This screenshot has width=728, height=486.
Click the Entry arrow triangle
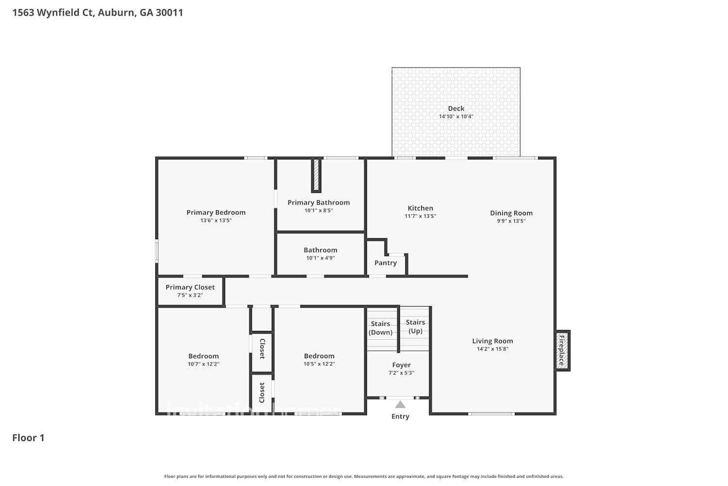[400, 404]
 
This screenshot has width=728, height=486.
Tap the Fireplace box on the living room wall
[563, 350]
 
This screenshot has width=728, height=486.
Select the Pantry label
[385, 263]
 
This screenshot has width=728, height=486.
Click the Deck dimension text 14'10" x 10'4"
[456, 117]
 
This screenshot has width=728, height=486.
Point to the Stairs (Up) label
[415, 327]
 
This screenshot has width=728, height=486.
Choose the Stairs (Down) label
[381, 328]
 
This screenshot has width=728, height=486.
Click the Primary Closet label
[190, 287]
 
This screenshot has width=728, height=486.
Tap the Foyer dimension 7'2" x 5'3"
[401, 373]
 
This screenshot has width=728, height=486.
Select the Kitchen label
[420, 208]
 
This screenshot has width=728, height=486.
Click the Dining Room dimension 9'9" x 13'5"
[511, 221]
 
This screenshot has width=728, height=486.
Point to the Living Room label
[492, 341]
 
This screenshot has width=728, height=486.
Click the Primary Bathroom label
[318, 203]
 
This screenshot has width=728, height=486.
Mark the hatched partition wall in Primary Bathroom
[316, 175]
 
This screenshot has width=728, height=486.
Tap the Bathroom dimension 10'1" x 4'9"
[320, 258]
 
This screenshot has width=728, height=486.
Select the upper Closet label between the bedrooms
[262, 348]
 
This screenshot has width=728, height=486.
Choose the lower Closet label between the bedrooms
[262, 392]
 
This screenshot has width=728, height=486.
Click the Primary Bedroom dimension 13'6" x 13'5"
[216, 220]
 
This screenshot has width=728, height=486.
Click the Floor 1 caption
[28, 438]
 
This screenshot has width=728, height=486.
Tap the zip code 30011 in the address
[169, 13]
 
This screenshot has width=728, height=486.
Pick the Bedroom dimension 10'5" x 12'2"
[319, 364]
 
